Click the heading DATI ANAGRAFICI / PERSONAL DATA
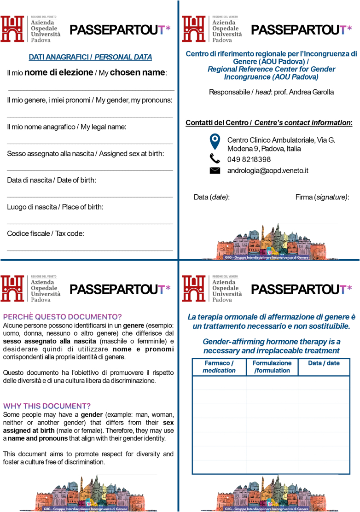pos(90,57)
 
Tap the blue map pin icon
pos(215,141)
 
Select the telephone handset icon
pos(215,159)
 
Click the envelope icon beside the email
pos(215,171)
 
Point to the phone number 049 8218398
pos(249,160)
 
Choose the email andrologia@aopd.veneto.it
pos(267,171)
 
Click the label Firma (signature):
pos(322,197)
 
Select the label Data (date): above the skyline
pos(211,197)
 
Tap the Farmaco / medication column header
pos(219,367)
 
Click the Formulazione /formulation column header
pos(272,367)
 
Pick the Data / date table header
pos(324,363)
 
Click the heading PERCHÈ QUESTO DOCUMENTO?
pos(63,317)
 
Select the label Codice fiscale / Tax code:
pos(46,234)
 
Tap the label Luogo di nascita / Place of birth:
pos(55,207)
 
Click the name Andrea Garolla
pos(312,92)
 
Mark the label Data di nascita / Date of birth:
pos(52,180)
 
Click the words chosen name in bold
pos(137,73)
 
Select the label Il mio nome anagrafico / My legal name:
pos(67,127)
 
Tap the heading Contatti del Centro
pos(218,122)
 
